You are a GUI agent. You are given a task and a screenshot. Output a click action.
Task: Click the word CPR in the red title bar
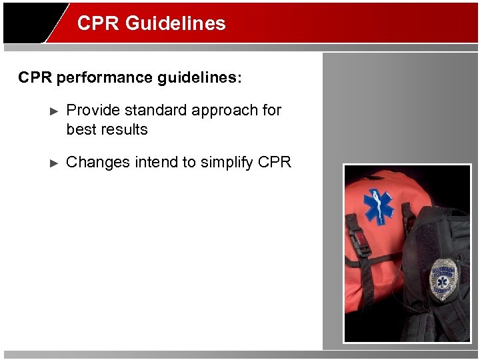point(98,23)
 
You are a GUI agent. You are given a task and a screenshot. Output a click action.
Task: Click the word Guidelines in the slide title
point(175,23)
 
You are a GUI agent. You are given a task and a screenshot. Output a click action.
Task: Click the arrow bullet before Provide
point(55,111)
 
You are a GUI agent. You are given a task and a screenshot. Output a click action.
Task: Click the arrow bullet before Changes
point(55,163)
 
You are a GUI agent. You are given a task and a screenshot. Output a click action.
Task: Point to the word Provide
point(91,110)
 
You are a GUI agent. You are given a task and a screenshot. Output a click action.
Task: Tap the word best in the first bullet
point(81,129)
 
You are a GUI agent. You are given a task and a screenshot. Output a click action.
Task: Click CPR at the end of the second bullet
point(275,162)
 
